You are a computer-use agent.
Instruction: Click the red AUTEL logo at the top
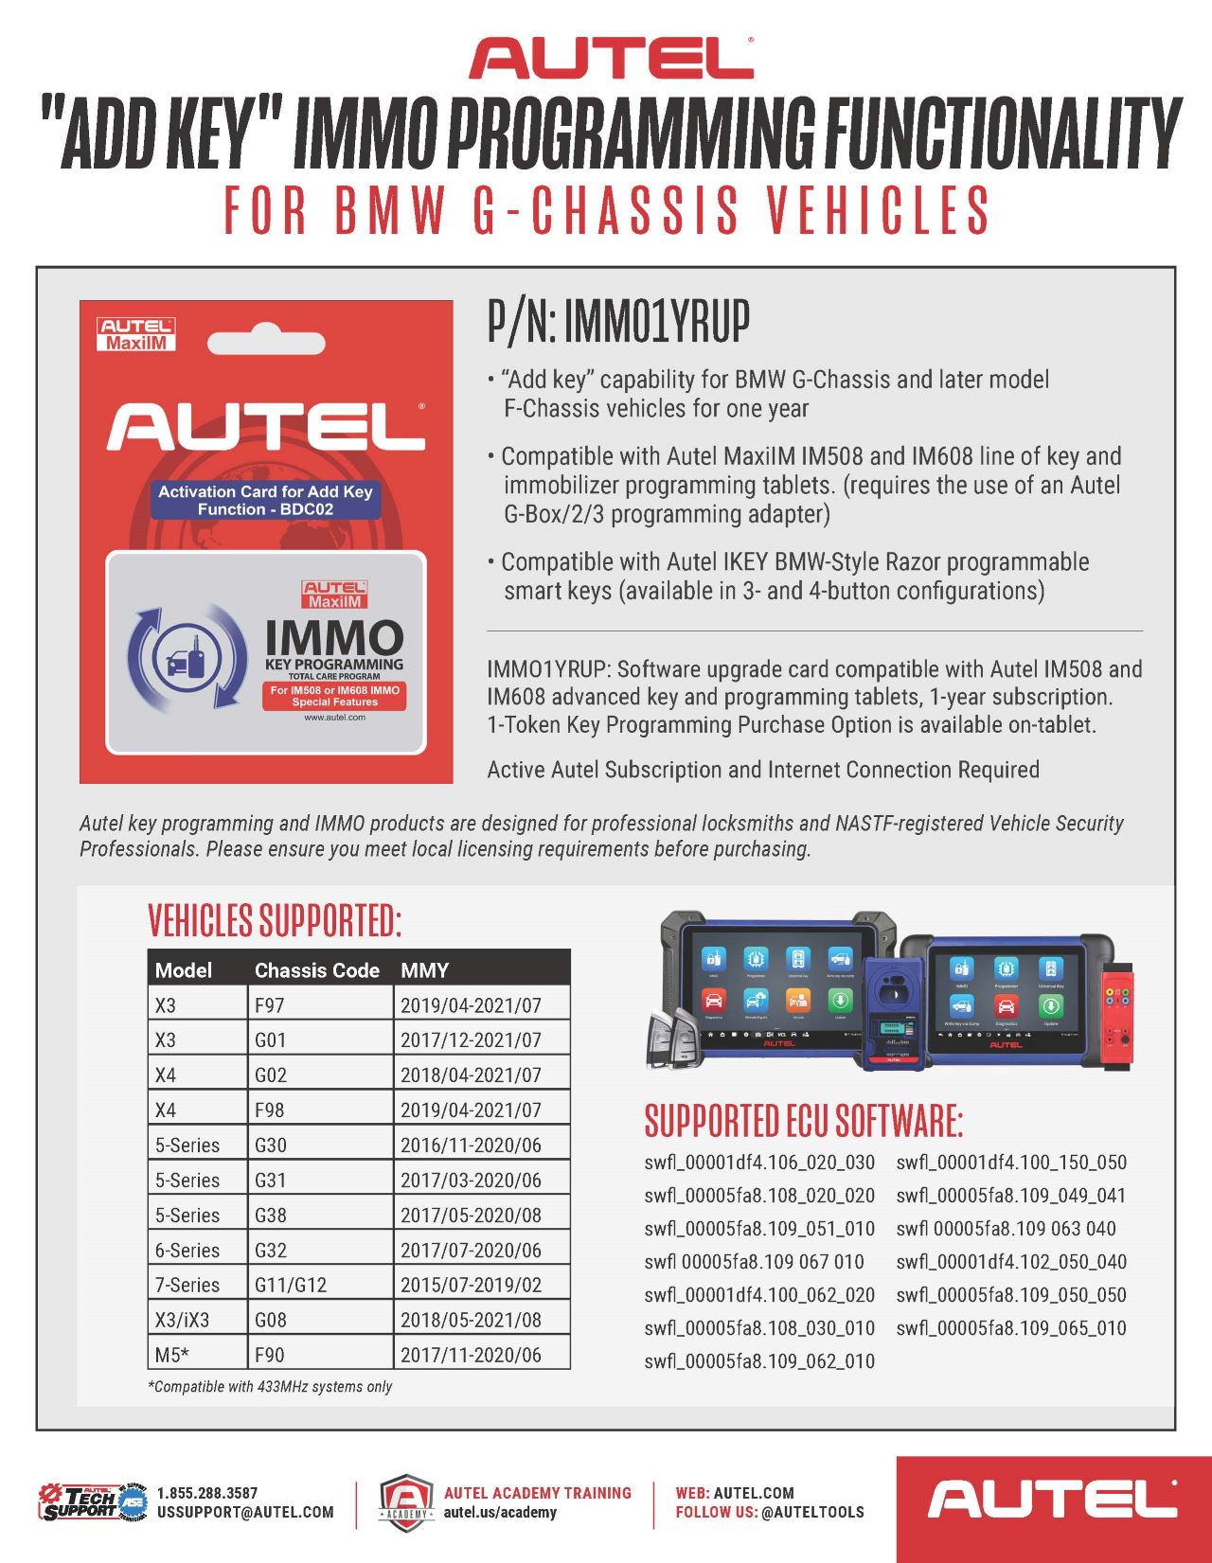pyautogui.click(x=611, y=58)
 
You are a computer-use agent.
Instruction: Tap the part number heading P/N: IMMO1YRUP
pyautogui.click(x=618, y=321)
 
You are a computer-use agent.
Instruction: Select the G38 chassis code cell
pyautogui.click(x=271, y=1215)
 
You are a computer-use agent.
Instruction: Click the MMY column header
pyautogui.click(x=424, y=969)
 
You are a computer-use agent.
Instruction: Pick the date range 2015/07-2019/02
pyautogui.click(x=471, y=1285)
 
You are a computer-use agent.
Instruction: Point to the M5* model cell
pyautogui.click(x=171, y=1355)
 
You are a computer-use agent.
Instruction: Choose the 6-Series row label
pyautogui.click(x=187, y=1250)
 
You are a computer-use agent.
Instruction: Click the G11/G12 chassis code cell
pyautogui.click(x=291, y=1285)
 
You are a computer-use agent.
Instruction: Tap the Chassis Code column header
pyautogui.click(x=316, y=969)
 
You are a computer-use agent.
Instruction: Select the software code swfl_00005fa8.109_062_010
pyautogui.click(x=759, y=1360)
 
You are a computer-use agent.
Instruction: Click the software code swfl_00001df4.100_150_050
pyautogui.click(x=1011, y=1162)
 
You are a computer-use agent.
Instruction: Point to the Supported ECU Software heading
pyautogui.click(x=803, y=1121)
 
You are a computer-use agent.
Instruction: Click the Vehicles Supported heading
pyautogui.click(x=275, y=920)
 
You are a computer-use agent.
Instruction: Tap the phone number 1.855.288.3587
pyautogui.click(x=207, y=1493)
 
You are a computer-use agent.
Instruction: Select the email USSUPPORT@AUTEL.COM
pyautogui.click(x=245, y=1512)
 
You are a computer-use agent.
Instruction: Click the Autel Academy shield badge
pyautogui.click(x=406, y=1502)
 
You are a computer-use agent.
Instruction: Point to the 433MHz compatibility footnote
pyautogui.click(x=270, y=1387)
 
